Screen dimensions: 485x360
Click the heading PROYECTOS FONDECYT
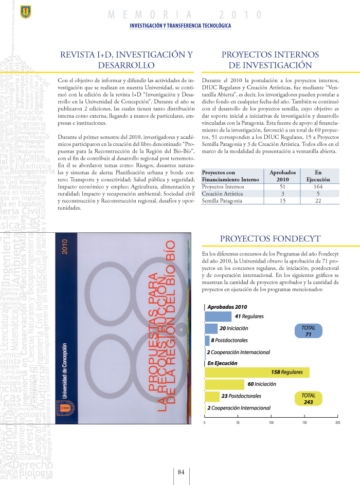click(270, 239)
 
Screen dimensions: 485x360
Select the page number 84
click(181, 472)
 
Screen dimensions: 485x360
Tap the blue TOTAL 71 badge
click(309, 331)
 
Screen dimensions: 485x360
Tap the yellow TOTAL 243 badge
click(309, 399)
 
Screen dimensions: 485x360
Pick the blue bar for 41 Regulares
click(218, 316)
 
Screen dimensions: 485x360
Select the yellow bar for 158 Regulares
click(257, 372)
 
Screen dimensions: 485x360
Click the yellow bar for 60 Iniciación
click(224, 384)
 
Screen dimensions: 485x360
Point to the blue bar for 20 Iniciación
click(211, 328)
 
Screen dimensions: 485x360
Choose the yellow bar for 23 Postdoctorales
click(212, 396)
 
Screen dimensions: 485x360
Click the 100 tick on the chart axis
click(271, 422)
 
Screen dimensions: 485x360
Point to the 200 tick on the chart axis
click(338, 422)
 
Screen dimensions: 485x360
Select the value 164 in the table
click(318, 187)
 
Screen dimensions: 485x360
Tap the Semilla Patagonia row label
click(222, 201)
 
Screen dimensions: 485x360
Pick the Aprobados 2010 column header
click(282, 176)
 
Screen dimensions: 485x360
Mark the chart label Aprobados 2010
click(227, 307)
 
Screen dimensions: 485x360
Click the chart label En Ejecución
click(222, 363)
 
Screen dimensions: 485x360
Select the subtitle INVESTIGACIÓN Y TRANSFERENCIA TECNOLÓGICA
click(180, 26)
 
